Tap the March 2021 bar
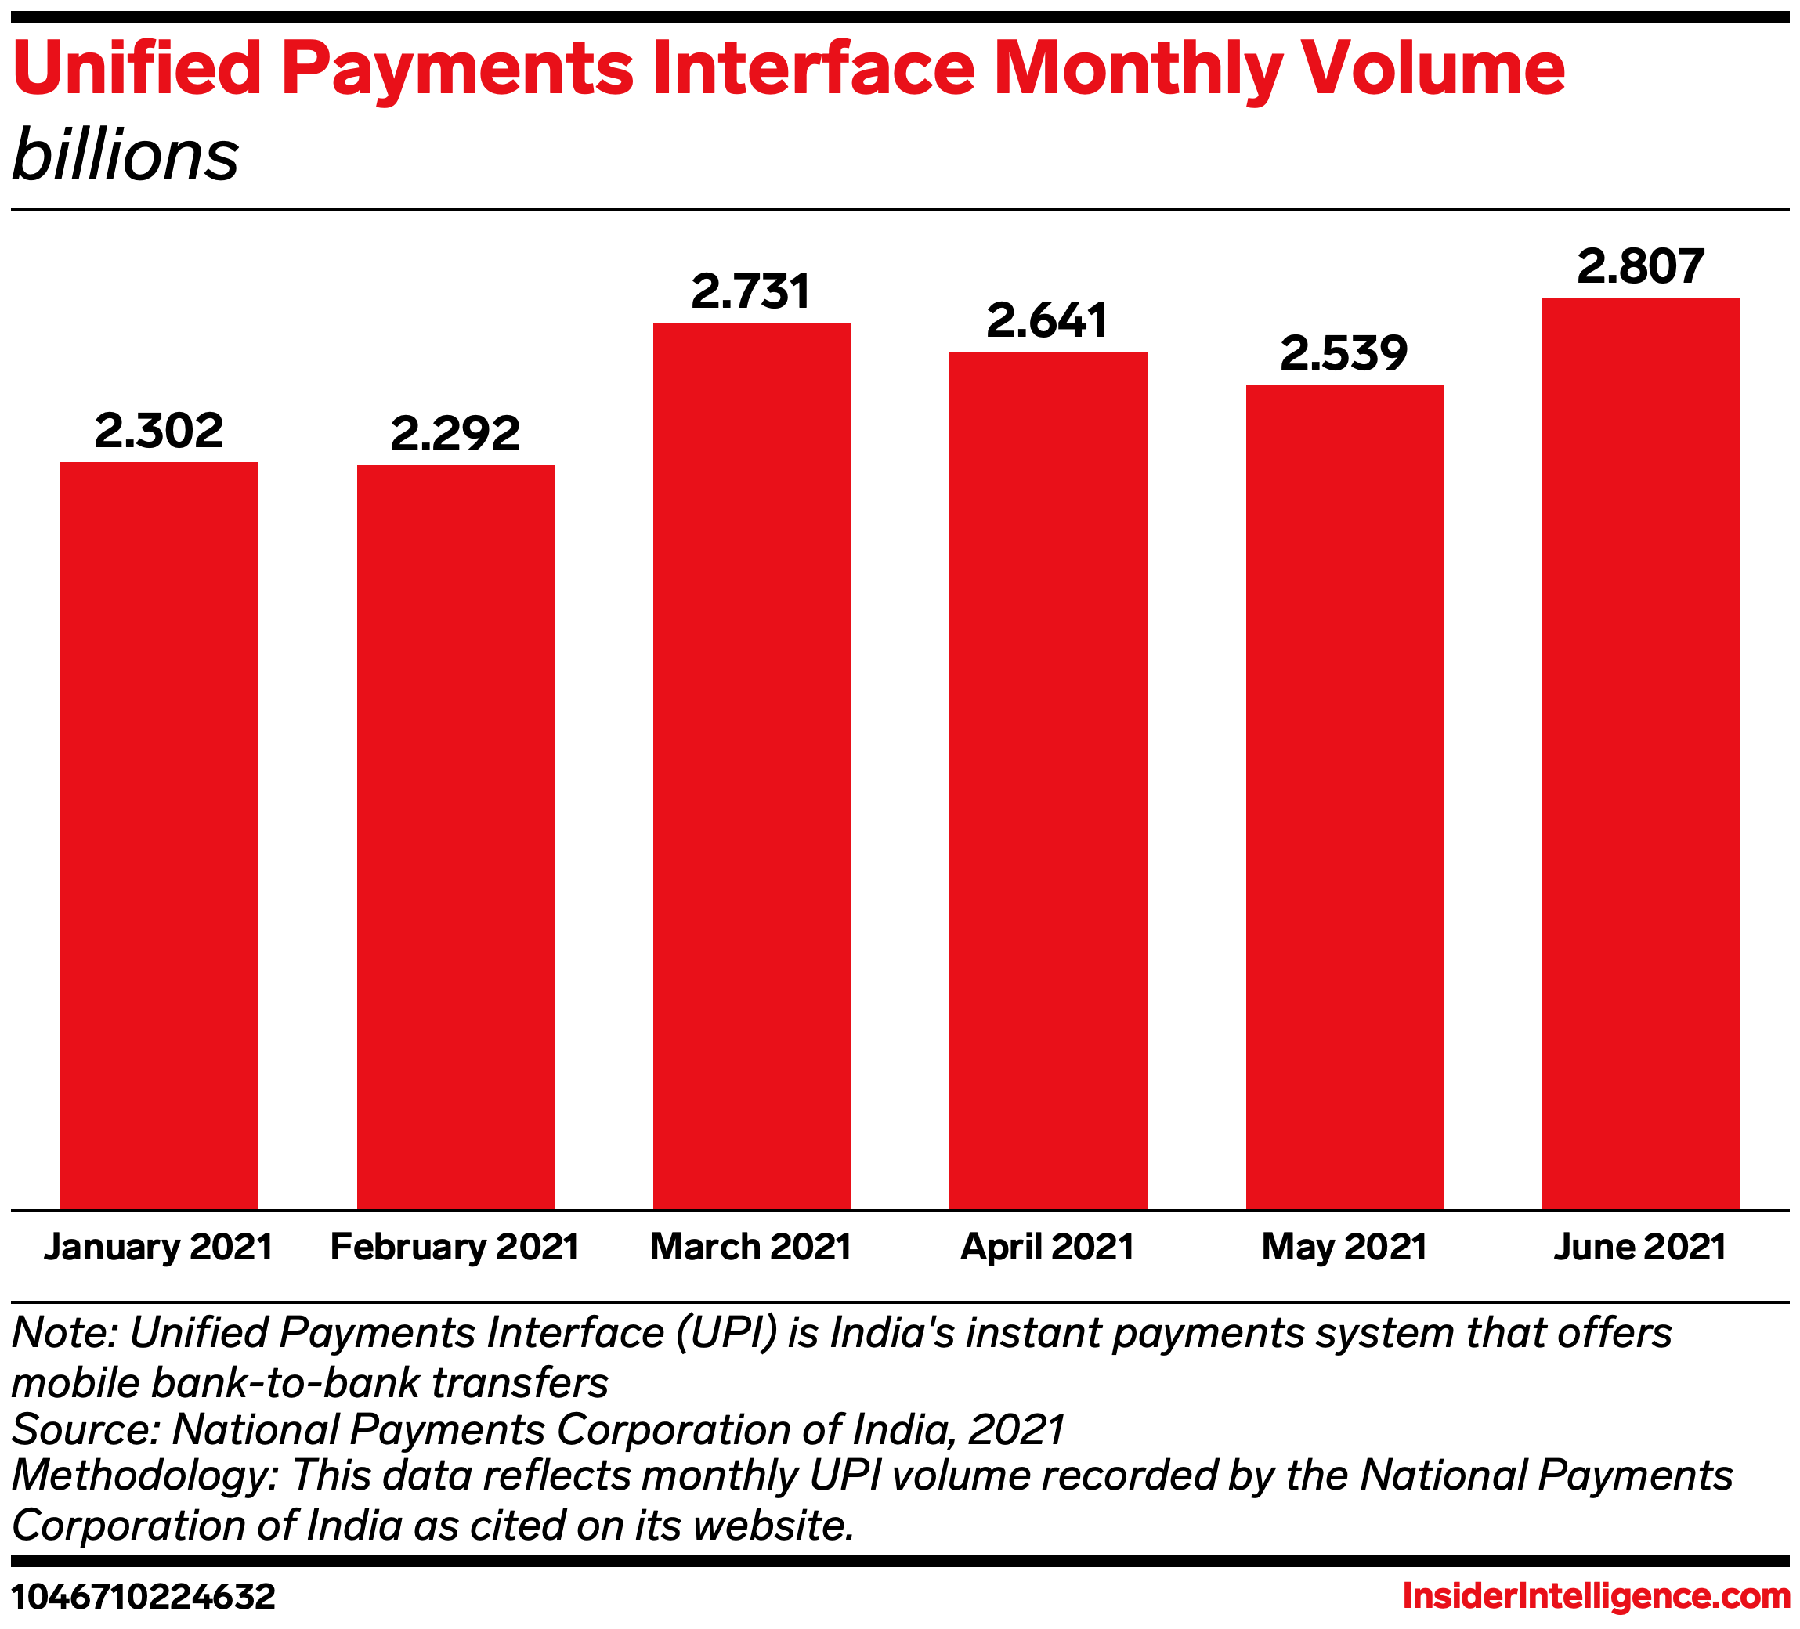(x=752, y=765)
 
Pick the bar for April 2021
(x=1047, y=780)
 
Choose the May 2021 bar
(x=1344, y=796)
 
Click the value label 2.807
(x=1640, y=267)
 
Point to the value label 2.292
(x=455, y=434)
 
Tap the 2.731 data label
(x=752, y=292)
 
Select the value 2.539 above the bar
(x=1344, y=353)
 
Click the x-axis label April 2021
(x=1047, y=1247)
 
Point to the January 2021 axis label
(x=159, y=1247)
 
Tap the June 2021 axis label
(x=1640, y=1247)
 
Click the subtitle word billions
(x=125, y=155)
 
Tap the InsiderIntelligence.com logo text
(x=1596, y=1596)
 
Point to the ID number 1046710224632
(x=143, y=1597)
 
